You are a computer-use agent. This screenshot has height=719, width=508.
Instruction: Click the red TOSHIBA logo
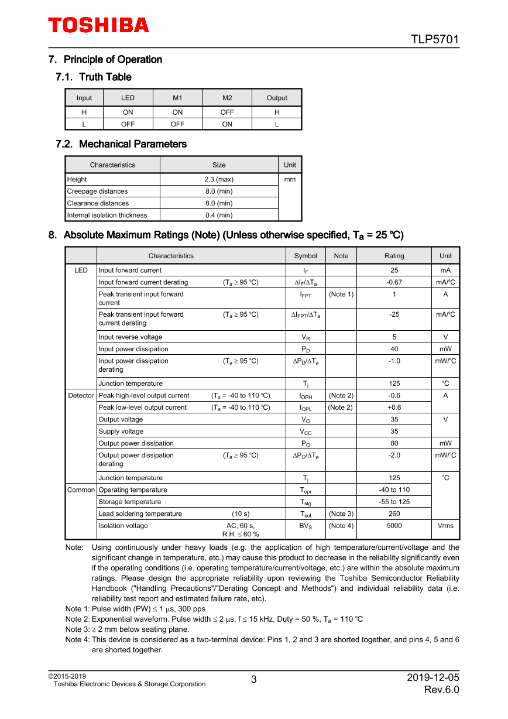[x=98, y=25]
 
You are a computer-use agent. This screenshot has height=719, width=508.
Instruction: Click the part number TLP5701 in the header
[x=434, y=40]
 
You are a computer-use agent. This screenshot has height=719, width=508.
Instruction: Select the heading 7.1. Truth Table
[x=94, y=77]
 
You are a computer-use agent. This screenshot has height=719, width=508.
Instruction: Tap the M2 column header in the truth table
[x=227, y=98]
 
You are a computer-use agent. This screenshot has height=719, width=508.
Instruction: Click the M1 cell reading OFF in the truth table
[x=177, y=124]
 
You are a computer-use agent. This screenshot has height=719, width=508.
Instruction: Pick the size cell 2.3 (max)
[x=219, y=180]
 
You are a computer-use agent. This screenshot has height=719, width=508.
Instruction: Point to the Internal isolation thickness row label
[x=107, y=215]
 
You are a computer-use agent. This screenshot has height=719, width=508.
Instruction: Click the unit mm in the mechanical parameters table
[x=290, y=180]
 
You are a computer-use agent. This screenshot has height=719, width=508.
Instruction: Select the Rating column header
[x=394, y=256]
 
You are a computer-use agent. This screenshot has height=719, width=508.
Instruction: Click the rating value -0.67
[x=394, y=282]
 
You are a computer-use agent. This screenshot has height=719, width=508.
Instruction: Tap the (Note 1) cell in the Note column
[x=341, y=295]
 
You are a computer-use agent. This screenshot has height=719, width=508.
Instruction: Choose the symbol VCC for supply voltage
[x=306, y=432]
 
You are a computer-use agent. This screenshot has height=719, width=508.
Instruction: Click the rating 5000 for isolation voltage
[x=394, y=526]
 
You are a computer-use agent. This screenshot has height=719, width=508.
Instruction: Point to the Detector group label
[x=81, y=396]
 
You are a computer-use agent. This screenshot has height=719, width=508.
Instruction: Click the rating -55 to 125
[x=394, y=502]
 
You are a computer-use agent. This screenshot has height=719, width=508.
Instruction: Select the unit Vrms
[x=445, y=526]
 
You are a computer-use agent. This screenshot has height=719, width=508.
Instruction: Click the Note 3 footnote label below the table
[x=77, y=629]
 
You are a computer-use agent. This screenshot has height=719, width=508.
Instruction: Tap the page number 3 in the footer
[x=254, y=680]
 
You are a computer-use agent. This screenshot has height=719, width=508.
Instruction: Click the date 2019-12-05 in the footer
[x=433, y=678]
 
